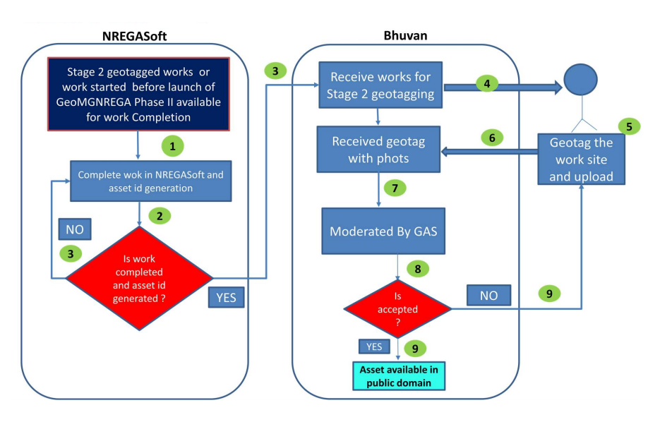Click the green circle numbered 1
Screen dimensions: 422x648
pos(173,146)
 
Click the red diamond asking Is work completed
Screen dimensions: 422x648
pos(138,278)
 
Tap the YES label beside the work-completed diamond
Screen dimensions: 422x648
pos(227,297)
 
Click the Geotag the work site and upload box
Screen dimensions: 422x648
pos(581,159)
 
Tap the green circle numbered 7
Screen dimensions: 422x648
pos(395,188)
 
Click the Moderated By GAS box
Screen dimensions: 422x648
pos(384,231)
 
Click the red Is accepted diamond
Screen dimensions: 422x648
pos(398,309)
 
